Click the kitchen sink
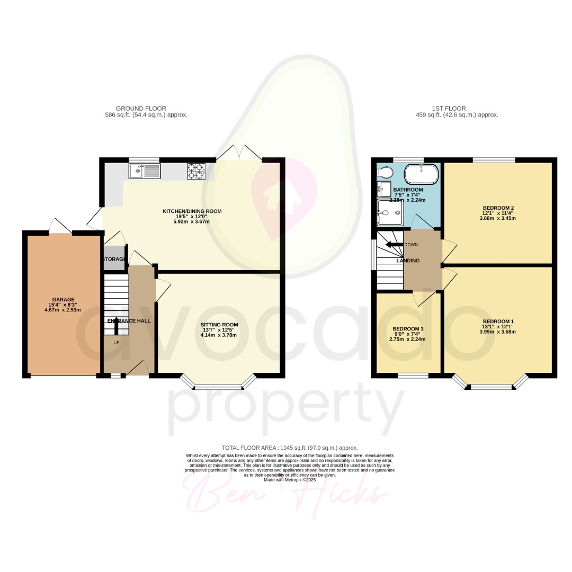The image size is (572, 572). click(145, 171)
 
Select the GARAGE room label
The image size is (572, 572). click(63, 299)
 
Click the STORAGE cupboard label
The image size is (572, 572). click(114, 259)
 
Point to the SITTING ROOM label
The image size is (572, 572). click(219, 325)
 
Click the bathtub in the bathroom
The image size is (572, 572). click(422, 173)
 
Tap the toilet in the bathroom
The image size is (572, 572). click(385, 172)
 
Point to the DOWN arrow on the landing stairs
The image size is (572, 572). click(395, 245)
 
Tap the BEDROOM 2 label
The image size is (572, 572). click(498, 208)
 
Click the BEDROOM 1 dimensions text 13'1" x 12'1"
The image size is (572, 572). click(498, 327)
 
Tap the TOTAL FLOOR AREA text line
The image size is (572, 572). click(289, 448)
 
